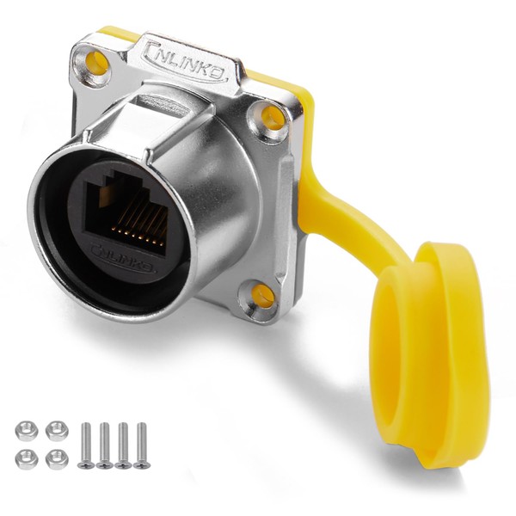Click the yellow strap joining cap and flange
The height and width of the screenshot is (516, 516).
pyautogui.click(x=344, y=215)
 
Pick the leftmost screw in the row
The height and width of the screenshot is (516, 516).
pyautogui.click(x=85, y=444)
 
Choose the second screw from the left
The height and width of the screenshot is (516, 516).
pyautogui.click(x=104, y=444)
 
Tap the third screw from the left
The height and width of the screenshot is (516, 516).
pyautogui.click(x=123, y=444)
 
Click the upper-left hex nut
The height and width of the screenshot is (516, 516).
pyautogui.click(x=27, y=431)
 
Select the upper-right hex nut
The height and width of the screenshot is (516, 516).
pyautogui.click(x=56, y=431)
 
